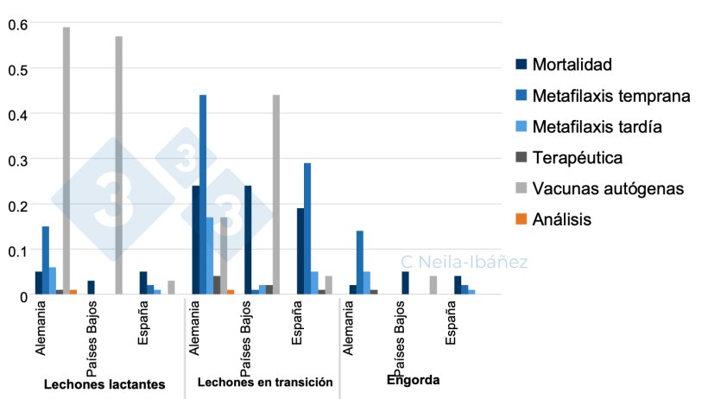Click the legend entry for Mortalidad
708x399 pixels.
point(572,65)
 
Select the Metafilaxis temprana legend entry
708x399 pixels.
point(611,96)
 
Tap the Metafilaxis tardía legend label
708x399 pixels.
point(597,127)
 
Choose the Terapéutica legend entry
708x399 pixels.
point(577,158)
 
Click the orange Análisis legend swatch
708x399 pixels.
point(520,220)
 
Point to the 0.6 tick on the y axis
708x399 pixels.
point(17,24)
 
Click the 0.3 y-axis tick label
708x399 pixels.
point(17,160)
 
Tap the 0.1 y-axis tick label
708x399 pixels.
point(17,250)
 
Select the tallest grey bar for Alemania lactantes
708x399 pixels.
point(66,160)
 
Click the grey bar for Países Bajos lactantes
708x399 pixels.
point(118,164)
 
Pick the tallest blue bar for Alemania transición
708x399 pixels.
point(203,194)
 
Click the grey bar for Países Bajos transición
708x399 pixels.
point(276,194)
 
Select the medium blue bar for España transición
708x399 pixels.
point(307,229)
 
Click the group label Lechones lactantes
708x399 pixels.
point(104,383)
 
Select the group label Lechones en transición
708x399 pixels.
point(265,383)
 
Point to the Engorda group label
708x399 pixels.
point(414,380)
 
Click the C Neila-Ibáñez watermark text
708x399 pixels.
point(464,263)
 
